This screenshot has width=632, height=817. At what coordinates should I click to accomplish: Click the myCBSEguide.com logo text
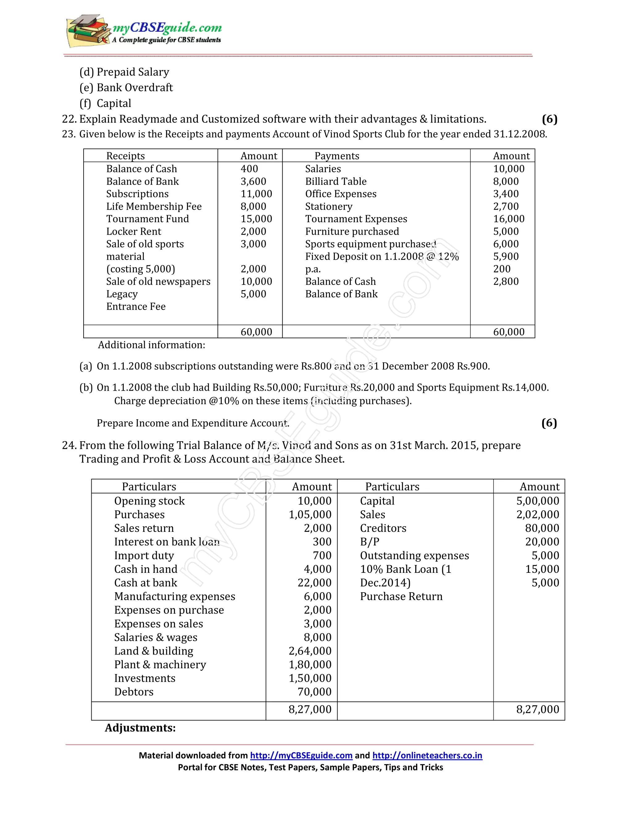pos(167,28)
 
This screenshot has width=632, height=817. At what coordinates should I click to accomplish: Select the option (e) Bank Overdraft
pos(126,88)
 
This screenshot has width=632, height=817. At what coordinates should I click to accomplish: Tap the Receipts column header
pos(125,156)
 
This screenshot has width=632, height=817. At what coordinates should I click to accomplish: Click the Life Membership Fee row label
pos(154,206)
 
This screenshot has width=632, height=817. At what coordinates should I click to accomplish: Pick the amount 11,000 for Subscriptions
pos(256,194)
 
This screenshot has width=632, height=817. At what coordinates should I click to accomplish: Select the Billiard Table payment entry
pos(336,181)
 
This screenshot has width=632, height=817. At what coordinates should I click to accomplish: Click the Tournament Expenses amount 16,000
pos(509,219)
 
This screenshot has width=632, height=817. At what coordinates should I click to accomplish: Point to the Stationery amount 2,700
pos(506,206)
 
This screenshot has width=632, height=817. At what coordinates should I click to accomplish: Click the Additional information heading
pos(152,345)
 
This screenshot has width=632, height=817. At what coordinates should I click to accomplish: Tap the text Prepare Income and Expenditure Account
pos(193,423)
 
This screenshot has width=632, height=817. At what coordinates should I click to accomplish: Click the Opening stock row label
pos(149,501)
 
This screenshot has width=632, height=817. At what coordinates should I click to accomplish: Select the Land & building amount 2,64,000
pos(310,651)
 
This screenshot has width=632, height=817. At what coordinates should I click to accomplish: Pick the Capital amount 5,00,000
pos(538,501)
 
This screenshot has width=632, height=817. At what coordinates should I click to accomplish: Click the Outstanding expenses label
pos(414,556)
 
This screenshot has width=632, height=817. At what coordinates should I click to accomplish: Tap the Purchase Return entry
pos(401,596)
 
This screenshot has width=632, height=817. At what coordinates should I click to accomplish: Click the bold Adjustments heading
pos(140,728)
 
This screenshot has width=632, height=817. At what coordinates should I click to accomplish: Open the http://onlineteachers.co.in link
pos(427,755)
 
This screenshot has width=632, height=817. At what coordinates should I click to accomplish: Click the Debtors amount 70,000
pos(314,692)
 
